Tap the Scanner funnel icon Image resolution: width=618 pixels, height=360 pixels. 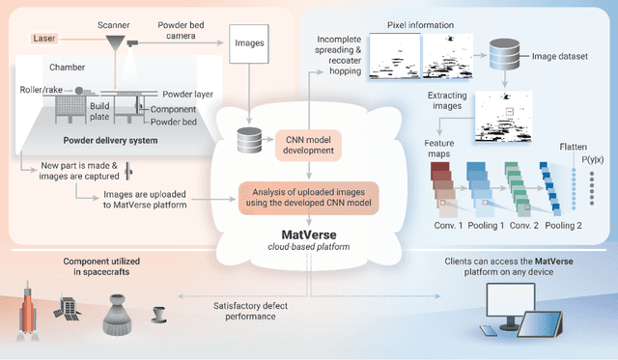114,42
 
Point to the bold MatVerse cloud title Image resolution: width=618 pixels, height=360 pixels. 308,233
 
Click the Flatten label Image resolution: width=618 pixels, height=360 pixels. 574,147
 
